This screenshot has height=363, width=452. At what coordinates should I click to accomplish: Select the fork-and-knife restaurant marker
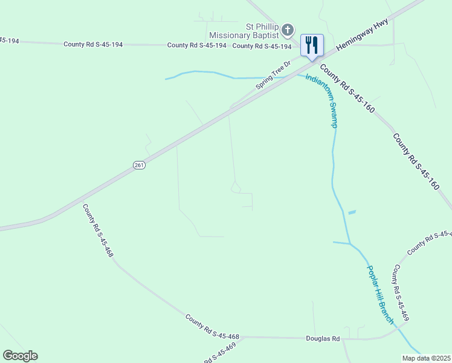(x=312, y=45)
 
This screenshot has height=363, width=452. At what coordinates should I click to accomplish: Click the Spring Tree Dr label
(x=273, y=75)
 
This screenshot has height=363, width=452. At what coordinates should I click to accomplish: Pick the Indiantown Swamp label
(x=321, y=101)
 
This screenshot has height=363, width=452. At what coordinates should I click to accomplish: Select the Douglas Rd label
(x=323, y=339)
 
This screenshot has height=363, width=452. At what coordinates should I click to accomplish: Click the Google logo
(x=20, y=356)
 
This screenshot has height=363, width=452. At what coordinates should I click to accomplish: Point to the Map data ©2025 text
(x=426, y=358)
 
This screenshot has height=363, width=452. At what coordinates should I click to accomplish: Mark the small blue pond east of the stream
(x=352, y=212)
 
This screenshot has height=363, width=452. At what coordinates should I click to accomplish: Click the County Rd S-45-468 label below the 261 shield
(x=98, y=231)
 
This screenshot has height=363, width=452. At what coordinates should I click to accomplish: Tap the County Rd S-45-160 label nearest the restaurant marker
(x=347, y=90)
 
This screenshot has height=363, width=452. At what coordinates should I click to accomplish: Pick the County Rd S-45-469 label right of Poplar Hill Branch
(x=402, y=293)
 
